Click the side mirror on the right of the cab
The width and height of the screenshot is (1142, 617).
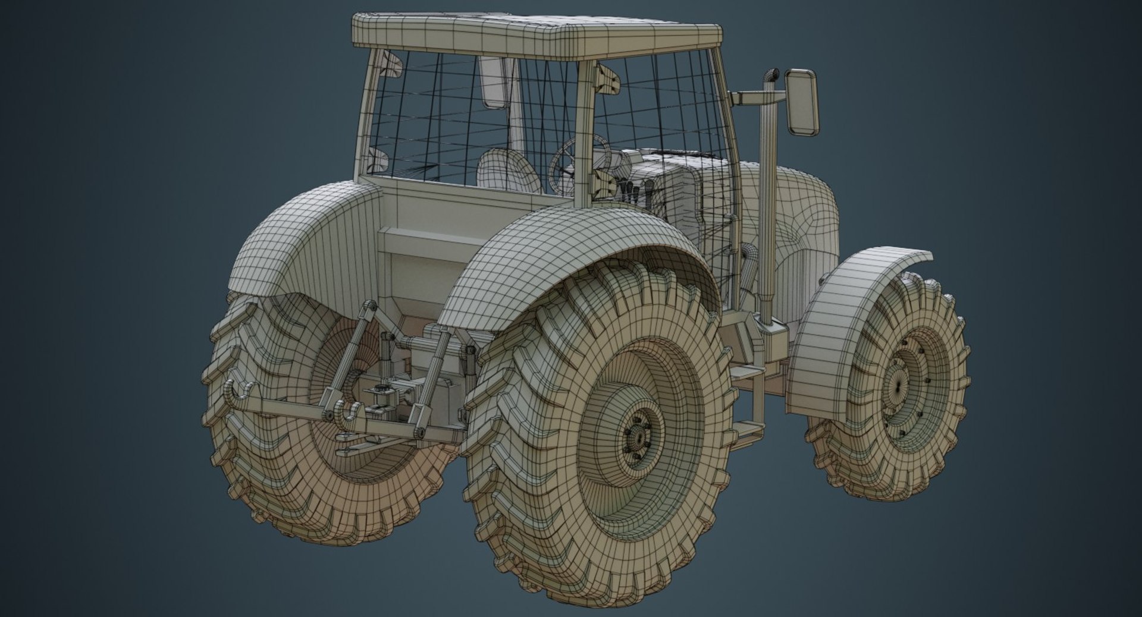click(x=802, y=101)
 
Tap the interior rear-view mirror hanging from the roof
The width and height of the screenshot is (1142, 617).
click(x=494, y=83)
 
